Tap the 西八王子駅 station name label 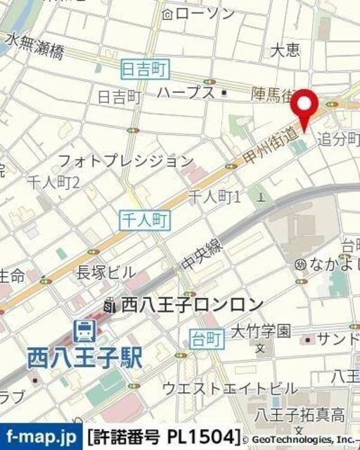coord(85,358)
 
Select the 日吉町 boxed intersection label coord(147,68)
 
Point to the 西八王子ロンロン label coord(192,304)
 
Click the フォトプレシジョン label coord(126,160)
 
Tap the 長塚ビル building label coord(106,272)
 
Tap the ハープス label coord(186,92)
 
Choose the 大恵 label coord(285,51)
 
